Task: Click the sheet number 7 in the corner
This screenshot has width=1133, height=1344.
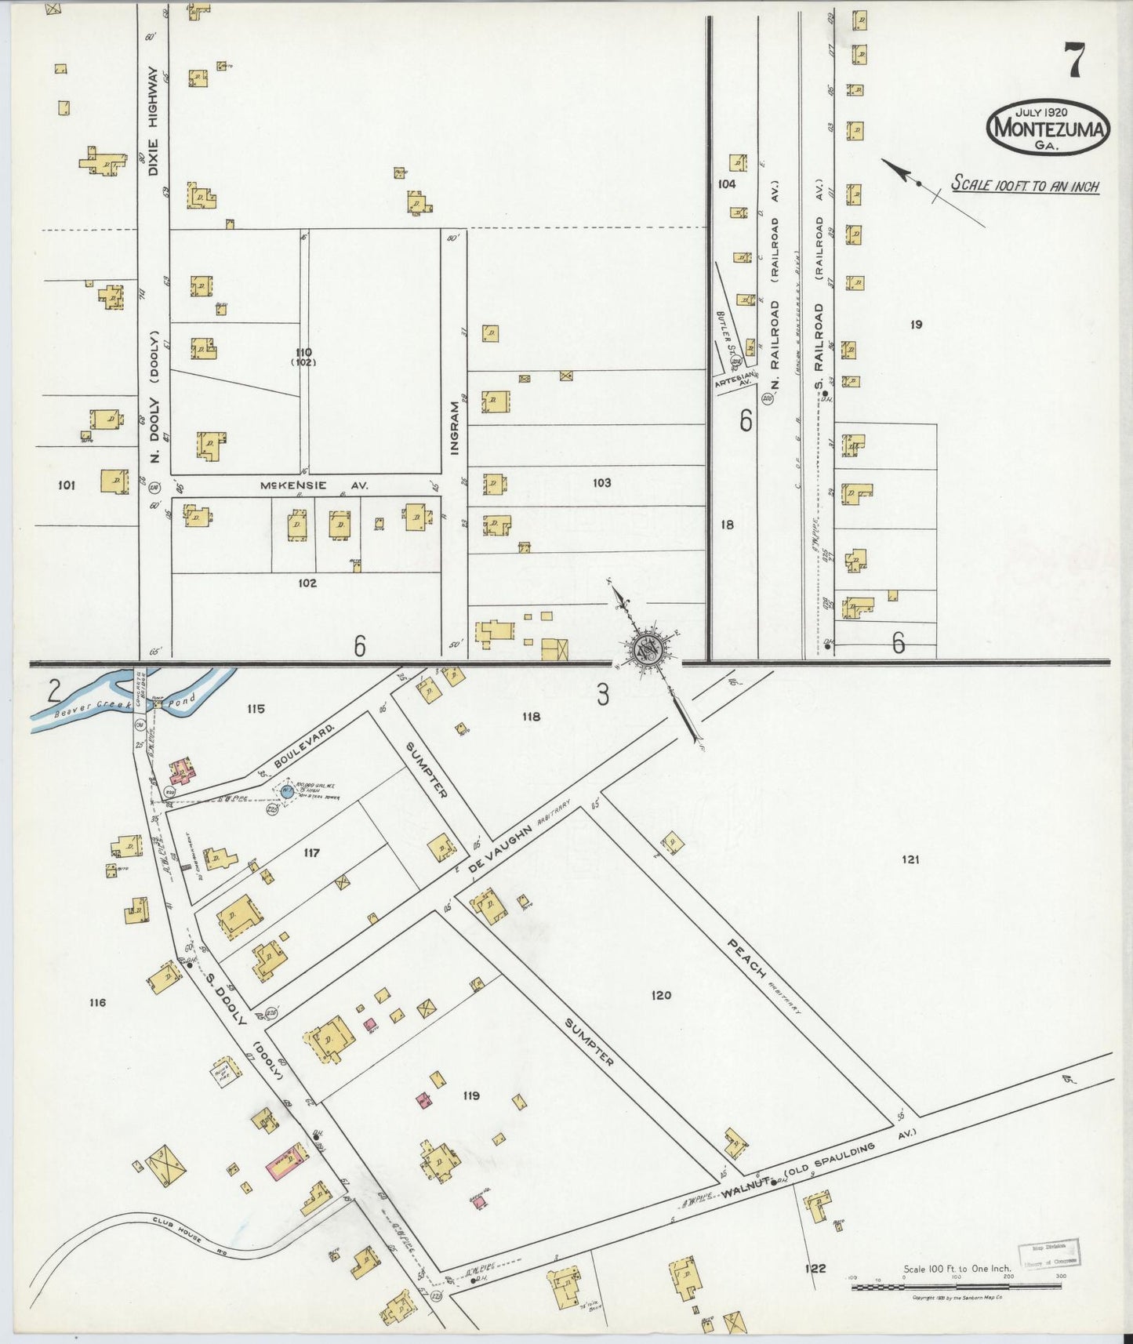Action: (x=1074, y=60)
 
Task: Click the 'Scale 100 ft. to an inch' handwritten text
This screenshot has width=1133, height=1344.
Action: (x=1024, y=186)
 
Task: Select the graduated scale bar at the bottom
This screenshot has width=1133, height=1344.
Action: (x=957, y=1287)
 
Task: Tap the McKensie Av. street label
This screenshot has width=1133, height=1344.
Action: (x=314, y=485)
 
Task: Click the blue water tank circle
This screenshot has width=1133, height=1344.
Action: (x=287, y=792)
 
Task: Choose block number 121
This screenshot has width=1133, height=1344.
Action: (x=910, y=859)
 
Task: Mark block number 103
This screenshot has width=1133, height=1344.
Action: (x=601, y=482)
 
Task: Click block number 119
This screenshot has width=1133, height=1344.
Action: (x=470, y=1095)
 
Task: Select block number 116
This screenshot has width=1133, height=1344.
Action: (x=97, y=1002)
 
